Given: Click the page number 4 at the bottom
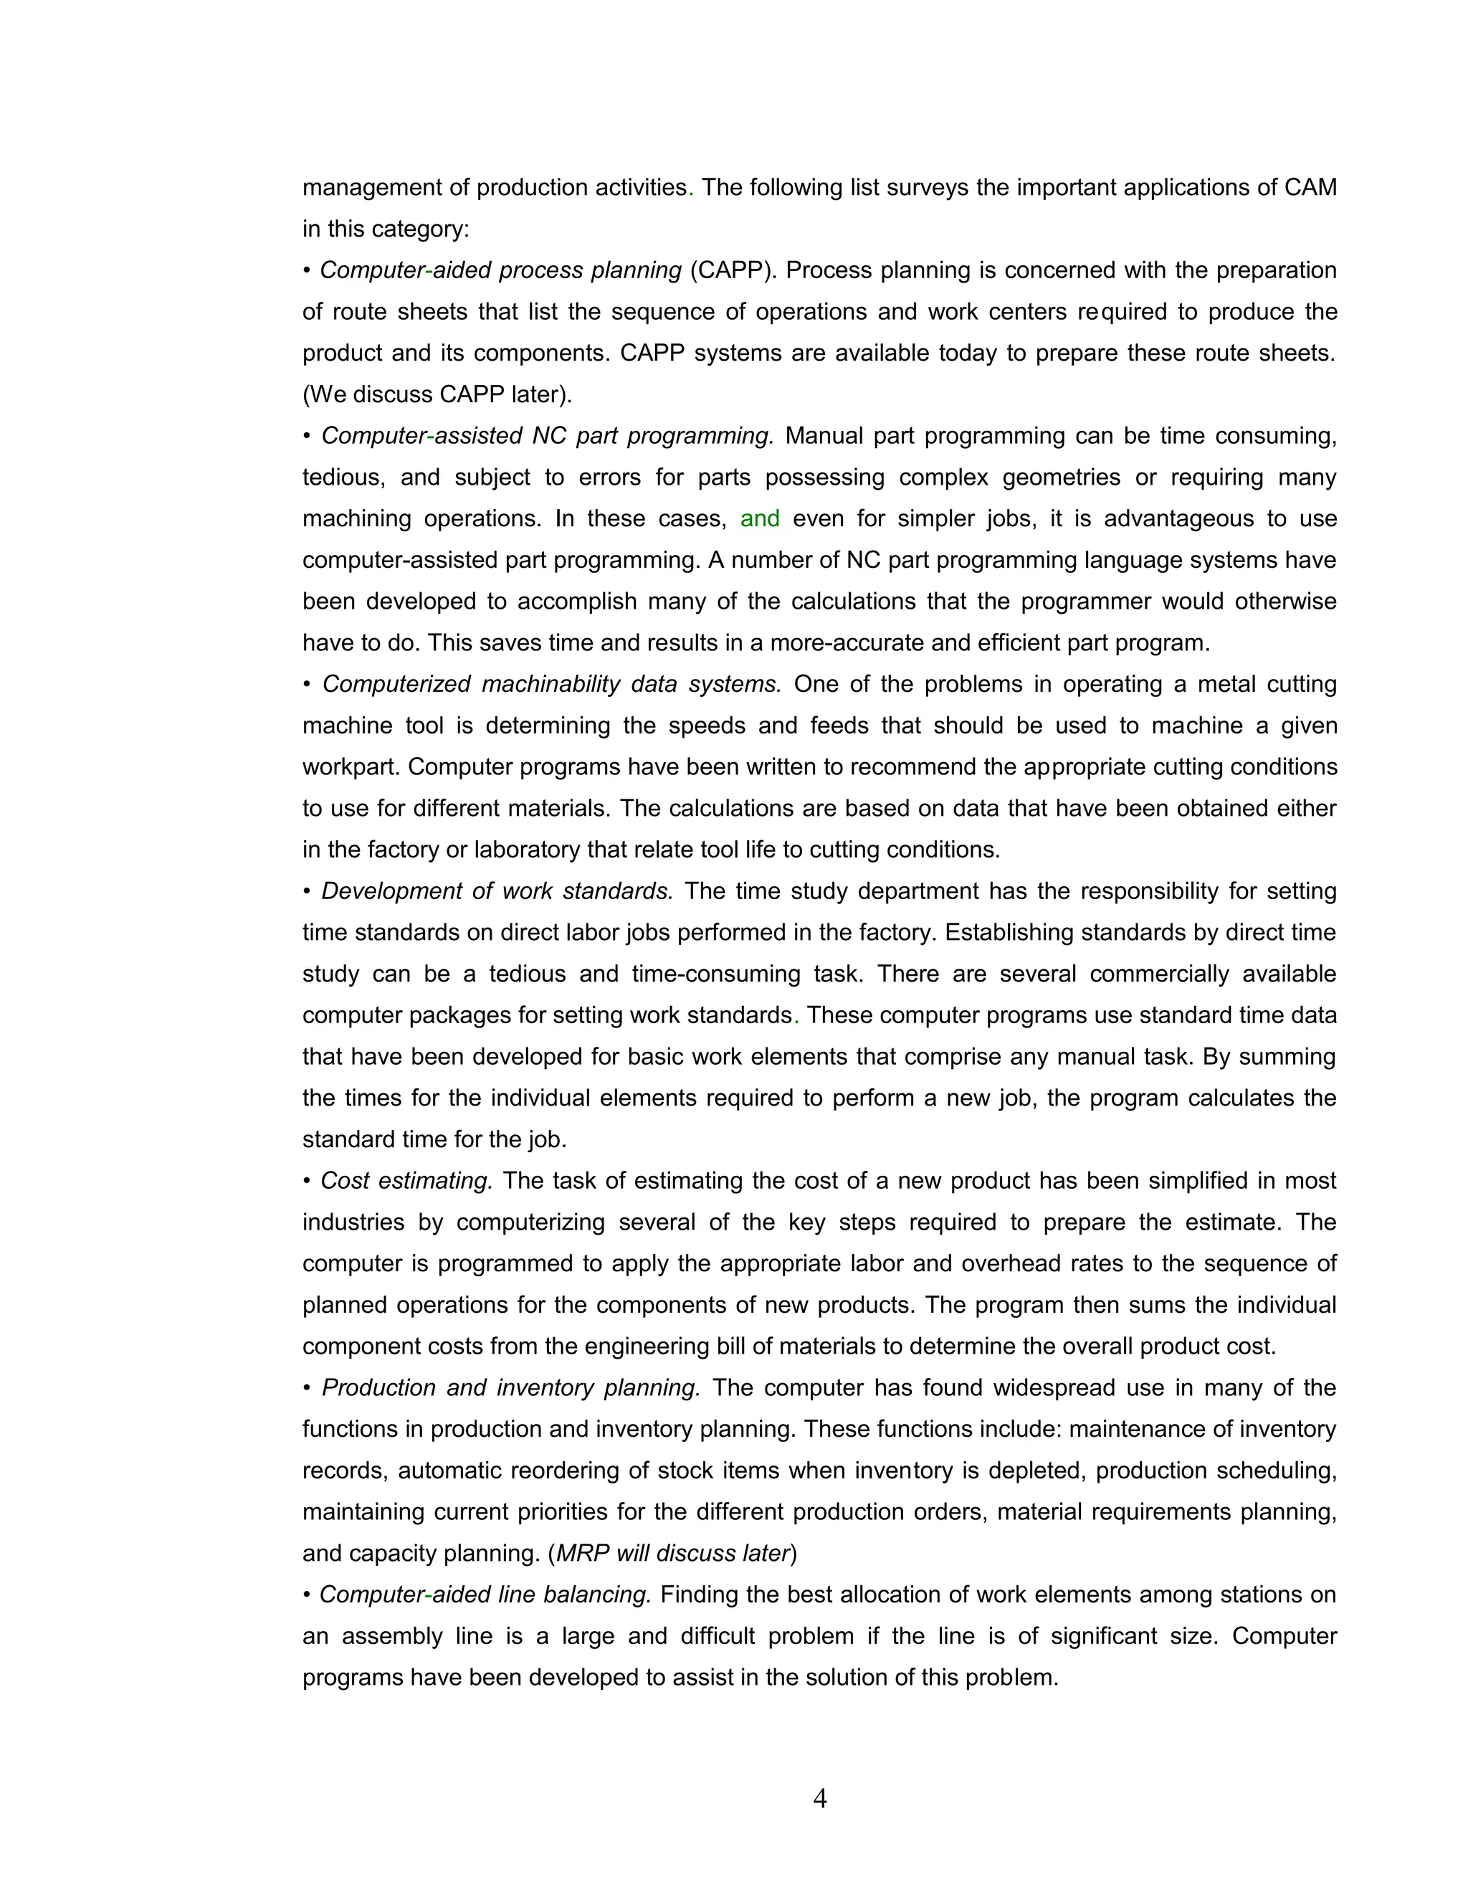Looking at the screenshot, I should [819, 1798].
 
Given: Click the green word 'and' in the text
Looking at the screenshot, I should [759, 518].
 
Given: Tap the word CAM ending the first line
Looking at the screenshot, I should [1310, 188].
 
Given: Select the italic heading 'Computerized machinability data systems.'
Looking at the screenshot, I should [551, 684].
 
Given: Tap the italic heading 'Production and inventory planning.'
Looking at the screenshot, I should [510, 1387].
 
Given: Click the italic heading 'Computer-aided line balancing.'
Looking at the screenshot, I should [485, 1595].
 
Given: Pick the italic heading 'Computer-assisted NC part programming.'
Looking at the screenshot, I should [547, 436].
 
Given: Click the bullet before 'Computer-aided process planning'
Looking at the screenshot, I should [307, 270].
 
